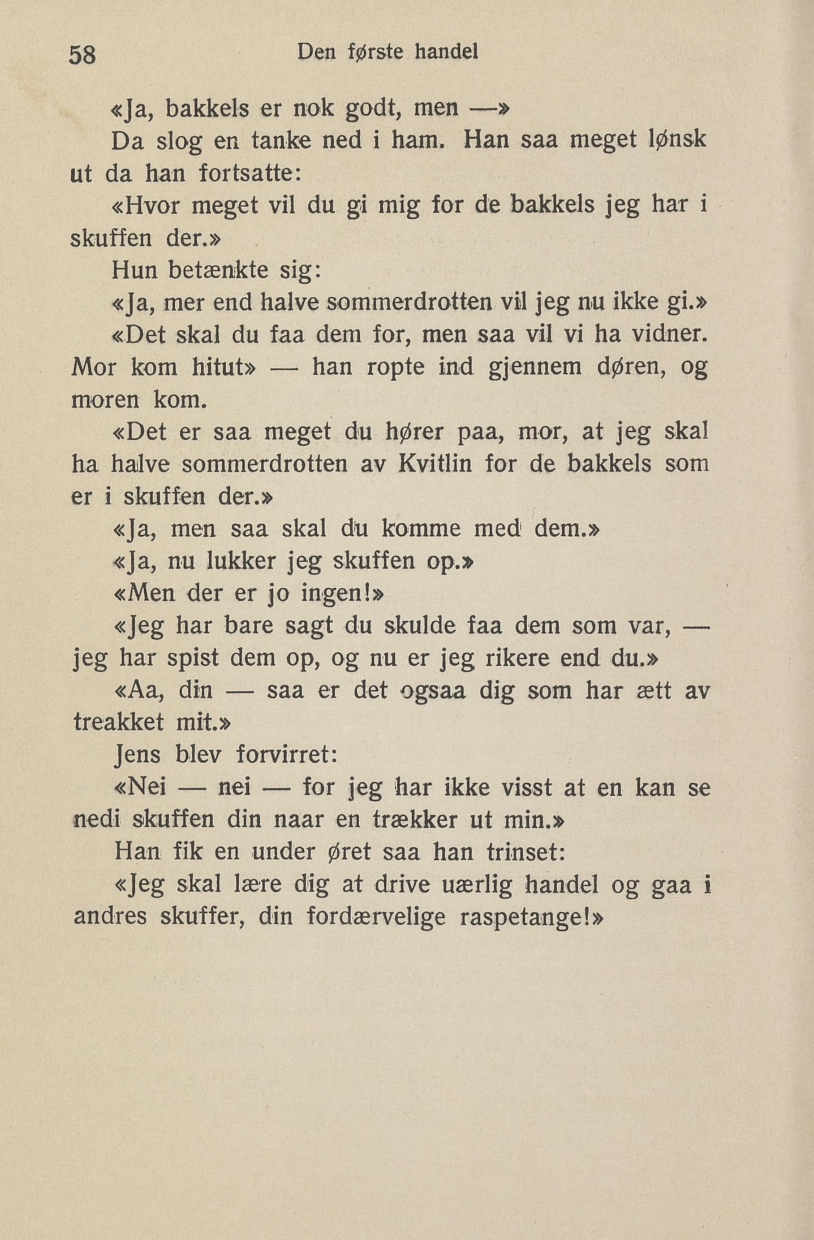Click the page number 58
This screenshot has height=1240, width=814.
pos(82,54)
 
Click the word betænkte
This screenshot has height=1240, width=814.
pos(218,270)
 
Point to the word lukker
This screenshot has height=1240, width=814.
pos(241,562)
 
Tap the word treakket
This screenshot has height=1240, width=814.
pos(118,723)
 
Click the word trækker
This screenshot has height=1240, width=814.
pos(417,820)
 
